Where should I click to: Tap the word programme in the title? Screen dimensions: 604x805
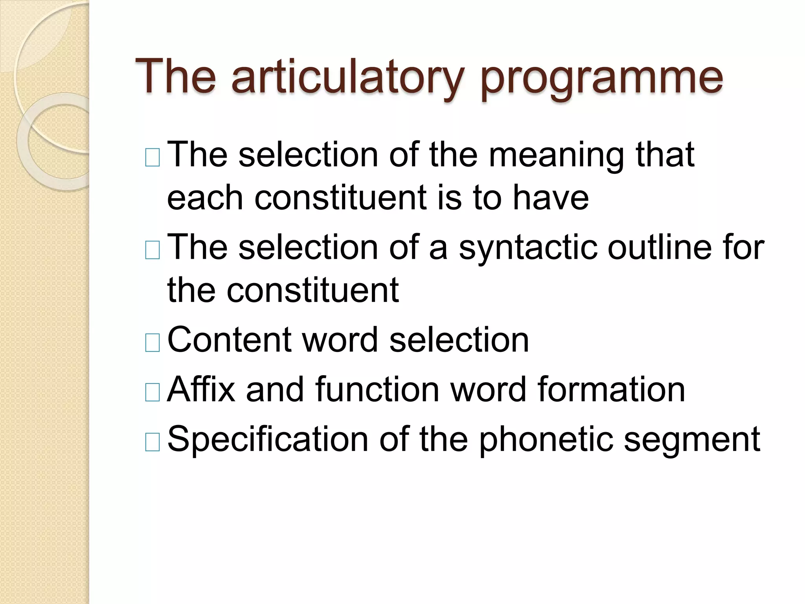[601, 79]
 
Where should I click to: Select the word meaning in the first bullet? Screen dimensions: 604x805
[556, 155]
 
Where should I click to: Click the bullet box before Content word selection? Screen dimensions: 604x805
[153, 343]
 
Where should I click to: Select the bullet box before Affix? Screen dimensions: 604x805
[153, 392]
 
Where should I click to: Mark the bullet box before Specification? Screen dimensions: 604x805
[153, 442]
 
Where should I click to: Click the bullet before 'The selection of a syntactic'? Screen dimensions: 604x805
[153, 250]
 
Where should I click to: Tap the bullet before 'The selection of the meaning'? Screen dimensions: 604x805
[153, 158]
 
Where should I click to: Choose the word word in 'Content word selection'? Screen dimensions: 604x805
[340, 340]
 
